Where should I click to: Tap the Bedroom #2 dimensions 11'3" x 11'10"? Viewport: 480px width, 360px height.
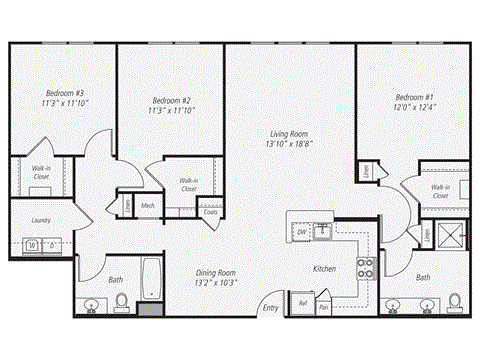pos(172,111)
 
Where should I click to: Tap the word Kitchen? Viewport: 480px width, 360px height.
pos(324,270)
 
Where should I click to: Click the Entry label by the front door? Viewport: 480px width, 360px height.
pos(271,307)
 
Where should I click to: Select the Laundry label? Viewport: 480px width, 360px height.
pos(42,220)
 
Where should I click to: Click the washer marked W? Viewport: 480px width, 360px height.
pos(33,244)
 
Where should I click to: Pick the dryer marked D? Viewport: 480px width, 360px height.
pos(53,244)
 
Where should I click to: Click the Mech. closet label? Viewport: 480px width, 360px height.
pos(147,206)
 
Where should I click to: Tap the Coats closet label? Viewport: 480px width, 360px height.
pos(211,211)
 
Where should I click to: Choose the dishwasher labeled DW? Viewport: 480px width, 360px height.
pos(301,232)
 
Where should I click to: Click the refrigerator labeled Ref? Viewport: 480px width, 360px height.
pos(301,303)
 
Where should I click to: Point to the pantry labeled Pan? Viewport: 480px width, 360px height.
pos(323,308)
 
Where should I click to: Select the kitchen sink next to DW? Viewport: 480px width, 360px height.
pos(323,232)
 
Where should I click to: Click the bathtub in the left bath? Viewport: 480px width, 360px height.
pos(152,279)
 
